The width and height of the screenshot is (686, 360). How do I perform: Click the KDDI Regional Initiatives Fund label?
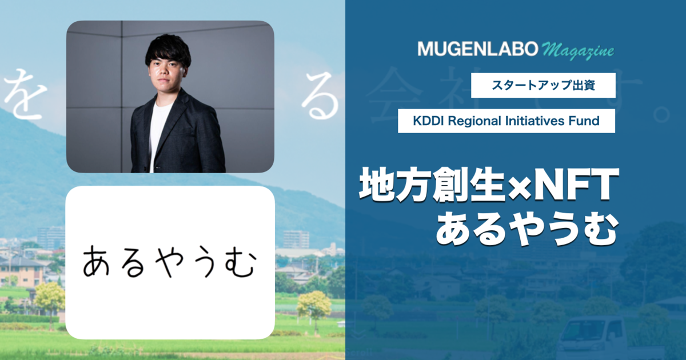(506, 121)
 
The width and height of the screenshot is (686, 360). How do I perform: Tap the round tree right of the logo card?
(314, 305)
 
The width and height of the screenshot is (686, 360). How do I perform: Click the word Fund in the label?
(586, 121)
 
